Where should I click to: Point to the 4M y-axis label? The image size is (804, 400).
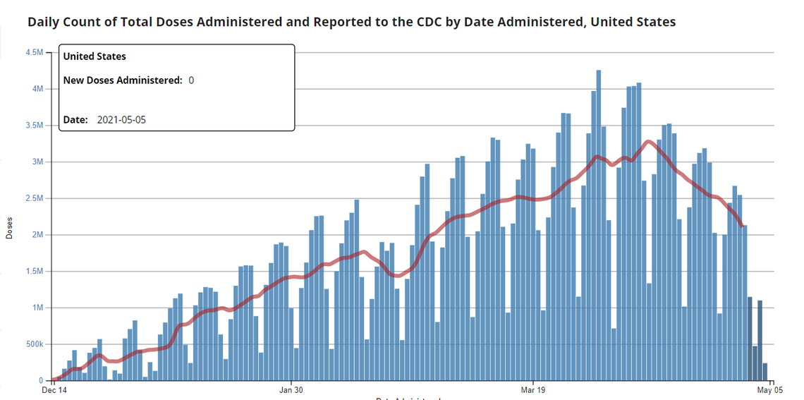point(38,89)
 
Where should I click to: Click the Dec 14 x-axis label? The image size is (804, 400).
point(54,389)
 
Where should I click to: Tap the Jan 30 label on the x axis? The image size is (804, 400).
point(291,389)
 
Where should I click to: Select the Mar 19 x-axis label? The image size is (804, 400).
point(532,389)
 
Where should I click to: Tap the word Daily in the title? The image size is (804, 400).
point(43,22)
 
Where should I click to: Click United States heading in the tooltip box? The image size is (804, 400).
point(95,56)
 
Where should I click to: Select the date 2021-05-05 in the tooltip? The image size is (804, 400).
point(122,120)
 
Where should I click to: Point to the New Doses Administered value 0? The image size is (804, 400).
point(191,80)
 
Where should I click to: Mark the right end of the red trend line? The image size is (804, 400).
point(742,226)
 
